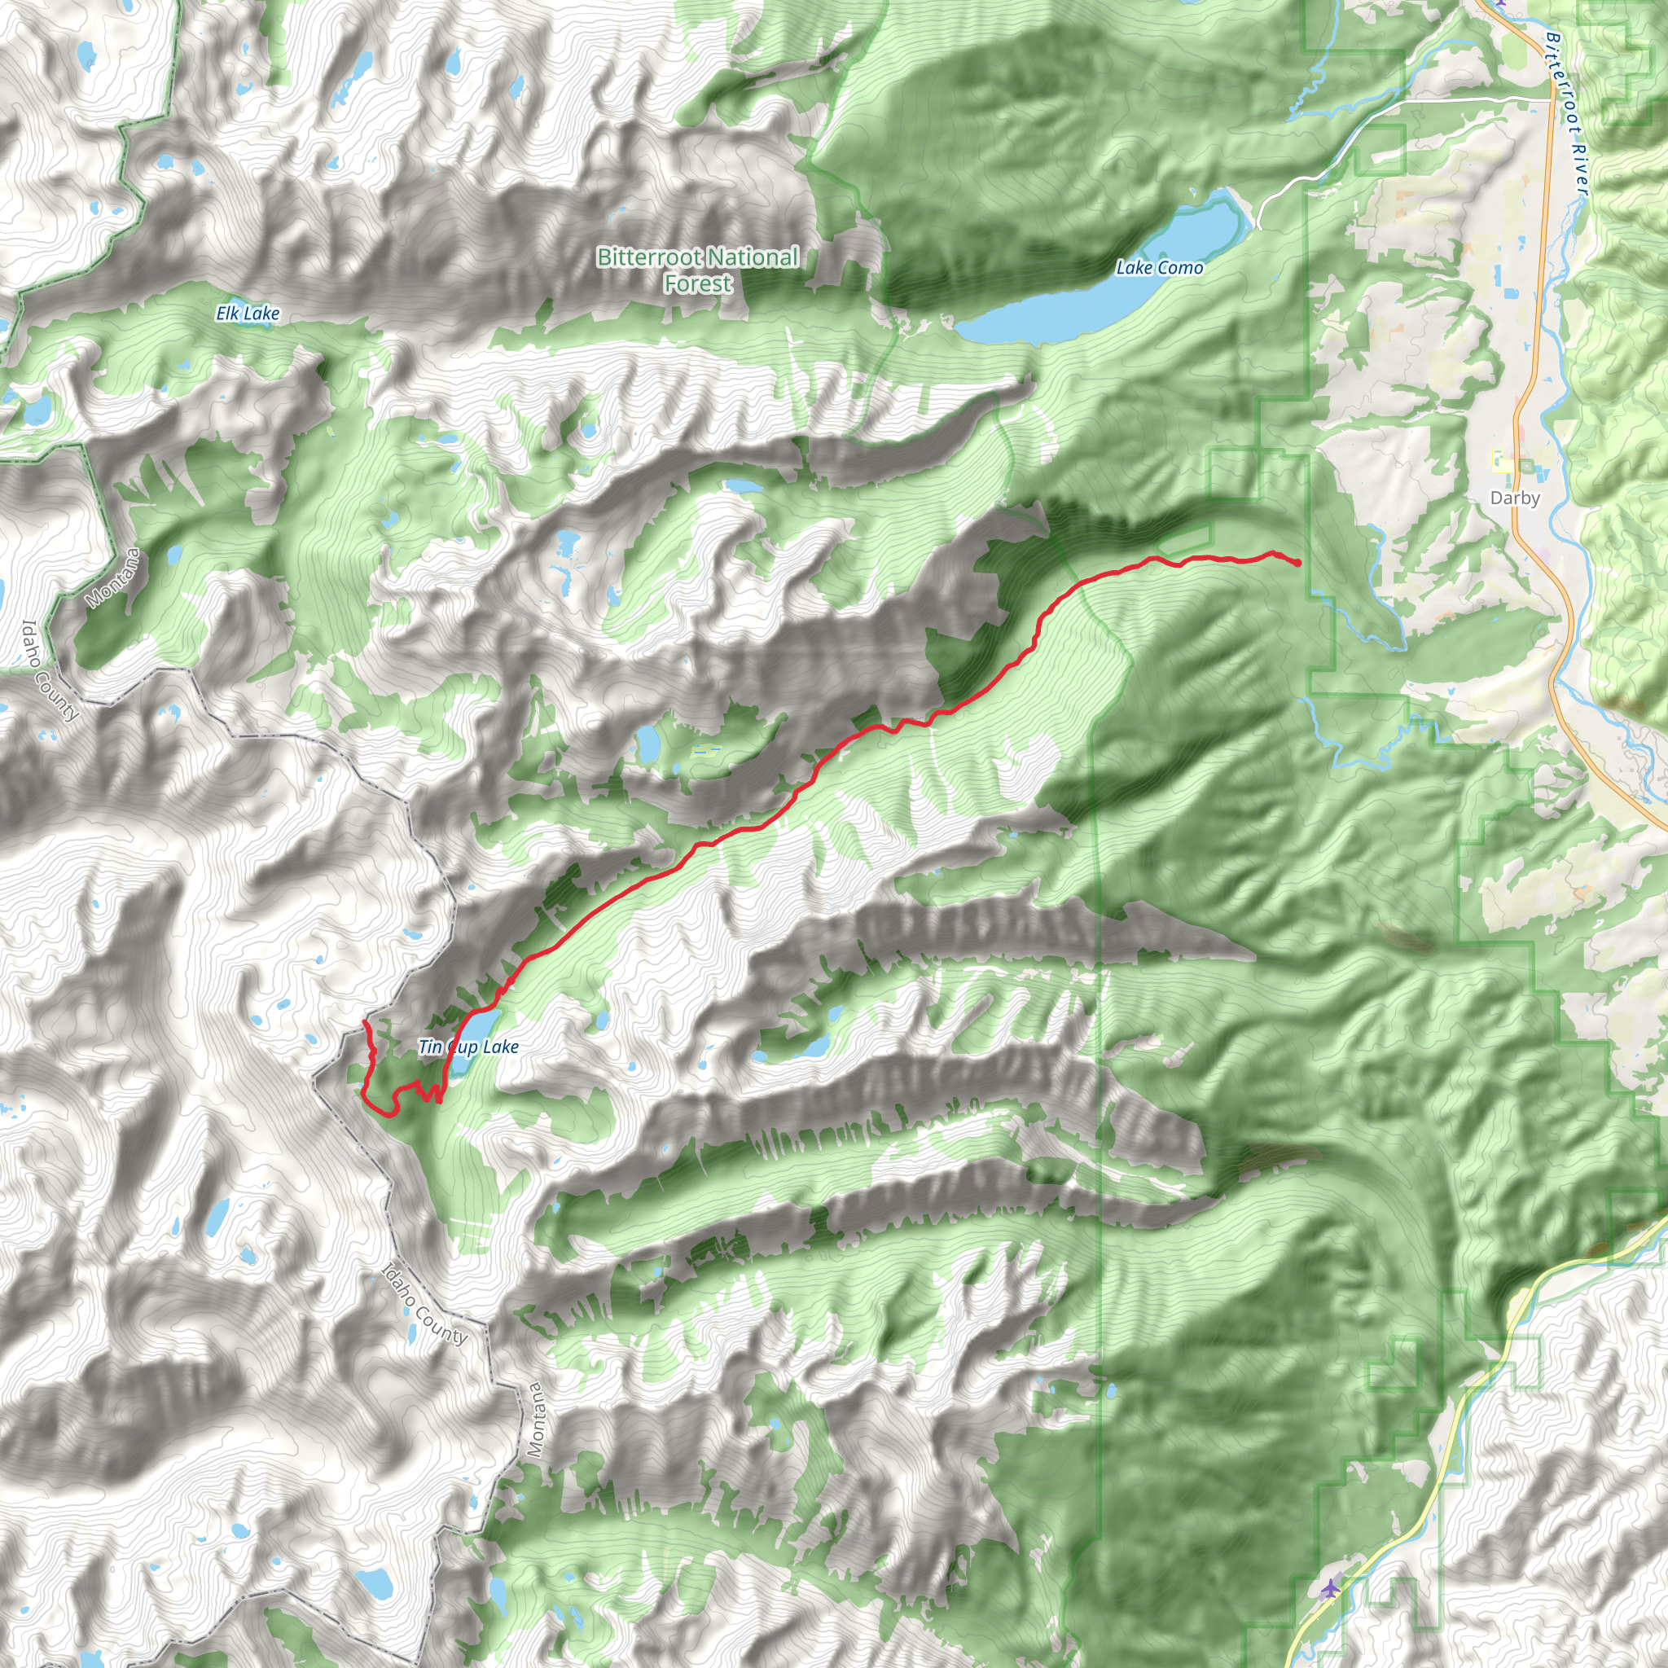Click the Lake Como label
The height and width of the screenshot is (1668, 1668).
[x=1159, y=268]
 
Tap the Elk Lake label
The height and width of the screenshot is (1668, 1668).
[x=248, y=314]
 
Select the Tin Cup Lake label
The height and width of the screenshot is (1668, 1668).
[x=468, y=1047]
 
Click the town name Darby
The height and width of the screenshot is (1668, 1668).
[x=1515, y=498]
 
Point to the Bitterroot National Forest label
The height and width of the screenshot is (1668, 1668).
[x=698, y=270]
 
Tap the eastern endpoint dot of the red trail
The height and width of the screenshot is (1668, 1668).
[x=1297, y=564]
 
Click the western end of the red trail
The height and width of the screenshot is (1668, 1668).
[x=363, y=1022]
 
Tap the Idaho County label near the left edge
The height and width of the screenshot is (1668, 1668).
[x=50, y=671]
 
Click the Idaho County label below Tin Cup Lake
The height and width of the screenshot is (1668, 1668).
[x=424, y=1305]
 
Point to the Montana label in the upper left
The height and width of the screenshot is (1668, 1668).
[x=112, y=577]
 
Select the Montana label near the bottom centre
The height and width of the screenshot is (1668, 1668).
[x=535, y=1420]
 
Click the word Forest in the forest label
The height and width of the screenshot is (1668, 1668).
[x=698, y=283]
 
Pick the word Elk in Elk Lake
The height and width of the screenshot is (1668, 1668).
[x=229, y=314]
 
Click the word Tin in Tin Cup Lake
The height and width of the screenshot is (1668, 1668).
[x=429, y=1047]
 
